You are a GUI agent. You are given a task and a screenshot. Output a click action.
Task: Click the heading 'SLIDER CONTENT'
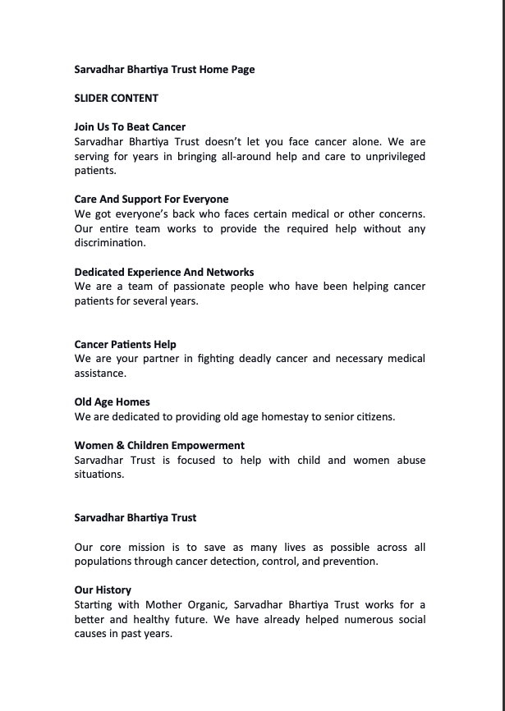tap(116, 98)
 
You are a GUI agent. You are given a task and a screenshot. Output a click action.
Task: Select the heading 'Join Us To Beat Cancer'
tap(130, 127)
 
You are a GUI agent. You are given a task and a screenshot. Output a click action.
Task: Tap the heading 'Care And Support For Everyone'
tap(151, 200)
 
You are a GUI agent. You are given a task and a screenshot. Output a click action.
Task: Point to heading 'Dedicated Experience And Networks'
tap(163, 272)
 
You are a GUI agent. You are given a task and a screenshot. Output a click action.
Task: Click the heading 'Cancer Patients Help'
tap(125, 344)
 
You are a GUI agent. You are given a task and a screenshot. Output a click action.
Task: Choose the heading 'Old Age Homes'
tap(112, 402)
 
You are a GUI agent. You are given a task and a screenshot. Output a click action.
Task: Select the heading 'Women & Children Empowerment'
tap(159, 446)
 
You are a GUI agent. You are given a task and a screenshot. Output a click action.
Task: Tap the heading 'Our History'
tap(103, 590)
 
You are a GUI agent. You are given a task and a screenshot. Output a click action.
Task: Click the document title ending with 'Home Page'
tap(164, 70)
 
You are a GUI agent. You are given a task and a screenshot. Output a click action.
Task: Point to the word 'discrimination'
tap(110, 243)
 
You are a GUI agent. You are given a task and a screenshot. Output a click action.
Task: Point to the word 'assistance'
tap(100, 374)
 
